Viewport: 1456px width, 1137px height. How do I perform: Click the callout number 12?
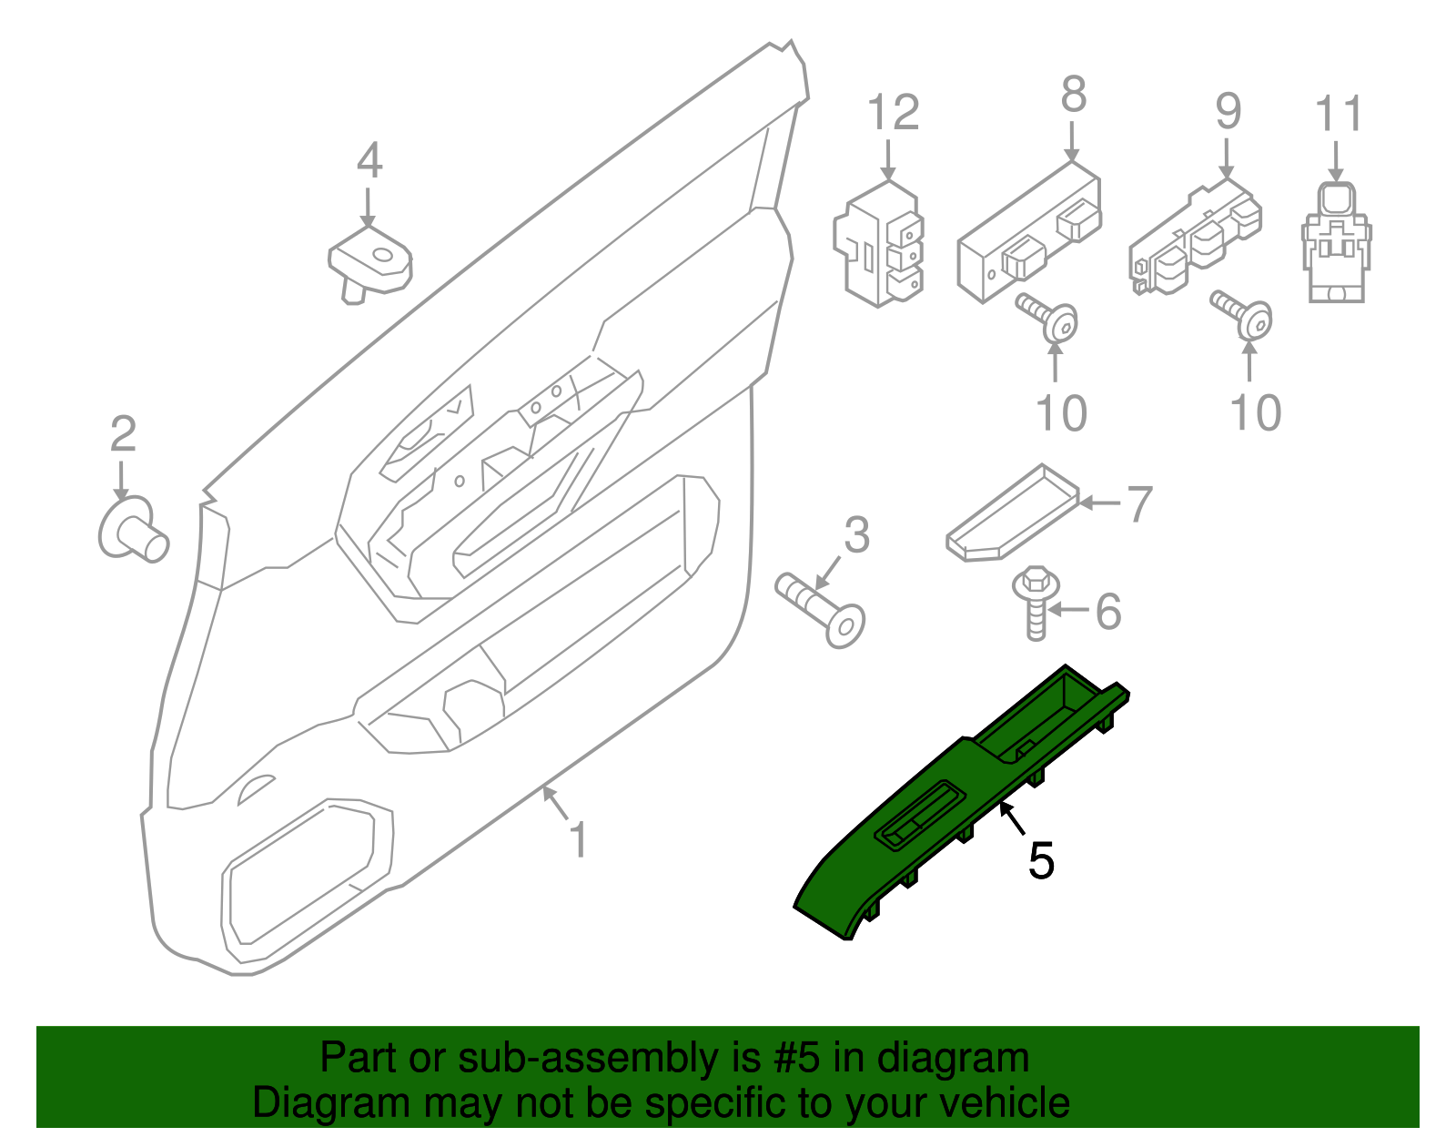tap(893, 113)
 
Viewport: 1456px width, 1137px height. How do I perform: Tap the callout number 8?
tap(1074, 94)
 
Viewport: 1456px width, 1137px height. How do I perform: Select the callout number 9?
tap(1228, 111)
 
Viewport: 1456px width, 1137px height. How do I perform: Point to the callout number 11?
tap(1339, 115)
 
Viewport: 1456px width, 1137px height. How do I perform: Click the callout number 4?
tap(369, 161)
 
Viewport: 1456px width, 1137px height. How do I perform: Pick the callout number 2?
tap(123, 434)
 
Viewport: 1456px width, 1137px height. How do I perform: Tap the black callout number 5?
tap(1041, 860)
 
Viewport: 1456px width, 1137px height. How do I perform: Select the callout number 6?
tap(1108, 611)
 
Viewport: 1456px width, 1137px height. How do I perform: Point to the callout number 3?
tap(856, 535)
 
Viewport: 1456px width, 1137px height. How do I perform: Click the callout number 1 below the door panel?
tap(578, 839)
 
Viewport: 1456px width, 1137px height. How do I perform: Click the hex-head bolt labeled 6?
tap(1036, 601)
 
